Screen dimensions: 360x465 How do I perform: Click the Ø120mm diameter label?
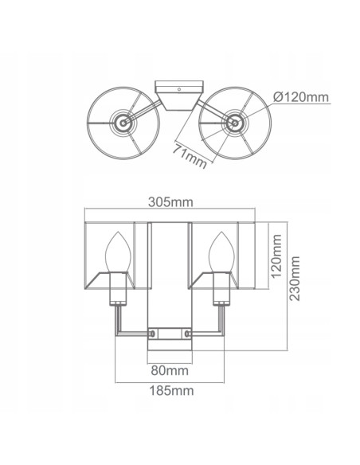(x=301, y=97)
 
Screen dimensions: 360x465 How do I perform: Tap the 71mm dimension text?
(x=190, y=156)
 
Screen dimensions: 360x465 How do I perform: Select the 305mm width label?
(x=170, y=202)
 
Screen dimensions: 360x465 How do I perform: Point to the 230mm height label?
(x=295, y=279)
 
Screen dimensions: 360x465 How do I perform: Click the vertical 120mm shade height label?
(x=276, y=256)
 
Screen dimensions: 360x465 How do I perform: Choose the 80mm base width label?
(x=170, y=370)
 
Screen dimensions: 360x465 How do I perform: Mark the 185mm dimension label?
(x=171, y=391)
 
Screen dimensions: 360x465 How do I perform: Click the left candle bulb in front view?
(x=118, y=252)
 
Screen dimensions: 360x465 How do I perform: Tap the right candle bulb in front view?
(x=221, y=252)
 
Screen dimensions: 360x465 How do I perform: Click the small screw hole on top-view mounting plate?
(x=179, y=89)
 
